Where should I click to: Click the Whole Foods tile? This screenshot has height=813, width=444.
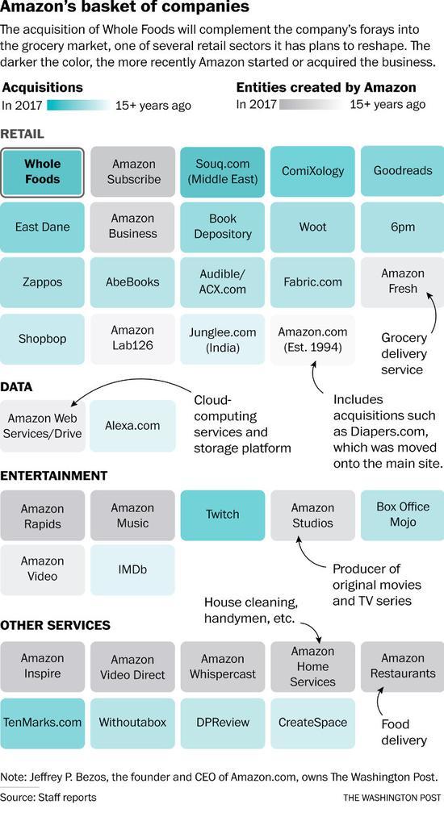(42, 172)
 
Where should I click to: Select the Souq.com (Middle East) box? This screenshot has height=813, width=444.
(223, 172)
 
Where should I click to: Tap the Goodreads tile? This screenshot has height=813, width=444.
(403, 172)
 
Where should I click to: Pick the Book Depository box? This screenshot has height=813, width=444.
(223, 227)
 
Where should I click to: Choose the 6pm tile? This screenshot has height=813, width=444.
(403, 227)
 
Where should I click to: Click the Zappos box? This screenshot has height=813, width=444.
(42, 282)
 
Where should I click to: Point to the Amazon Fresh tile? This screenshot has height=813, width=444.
(403, 282)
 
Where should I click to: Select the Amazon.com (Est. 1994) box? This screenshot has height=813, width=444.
(312, 339)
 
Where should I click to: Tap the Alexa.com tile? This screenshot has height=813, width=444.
(132, 426)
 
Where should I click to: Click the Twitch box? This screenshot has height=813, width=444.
(223, 515)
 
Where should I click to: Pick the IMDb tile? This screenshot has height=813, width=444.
(132, 569)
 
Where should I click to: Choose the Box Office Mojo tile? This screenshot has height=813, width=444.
(403, 515)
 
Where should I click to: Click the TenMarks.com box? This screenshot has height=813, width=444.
(42, 723)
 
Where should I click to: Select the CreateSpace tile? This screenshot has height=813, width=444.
(312, 723)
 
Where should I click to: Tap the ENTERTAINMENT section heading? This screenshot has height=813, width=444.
(53, 476)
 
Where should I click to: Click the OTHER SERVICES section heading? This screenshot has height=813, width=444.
(55, 625)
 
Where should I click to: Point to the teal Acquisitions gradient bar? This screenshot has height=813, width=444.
(78, 105)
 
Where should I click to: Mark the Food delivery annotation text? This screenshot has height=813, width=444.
(403, 732)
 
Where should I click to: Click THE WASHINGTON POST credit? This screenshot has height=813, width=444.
(392, 797)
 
